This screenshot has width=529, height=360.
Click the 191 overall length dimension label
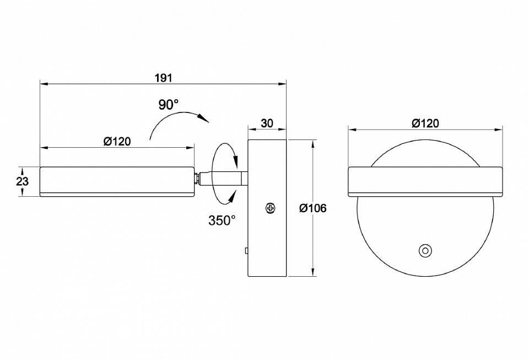[164, 78]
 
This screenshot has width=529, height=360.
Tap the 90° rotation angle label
[169, 105]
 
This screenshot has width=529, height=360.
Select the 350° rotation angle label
[222, 221]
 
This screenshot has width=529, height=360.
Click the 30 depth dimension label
[267, 123]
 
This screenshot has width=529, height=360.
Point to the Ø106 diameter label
[313, 208]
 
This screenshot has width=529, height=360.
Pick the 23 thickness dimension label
[23, 181]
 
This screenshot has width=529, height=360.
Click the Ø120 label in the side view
[117, 141]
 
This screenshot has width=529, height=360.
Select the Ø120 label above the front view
[425, 123]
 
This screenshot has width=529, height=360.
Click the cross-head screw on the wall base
[271, 208]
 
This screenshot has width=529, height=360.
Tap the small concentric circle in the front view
[425, 251]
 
